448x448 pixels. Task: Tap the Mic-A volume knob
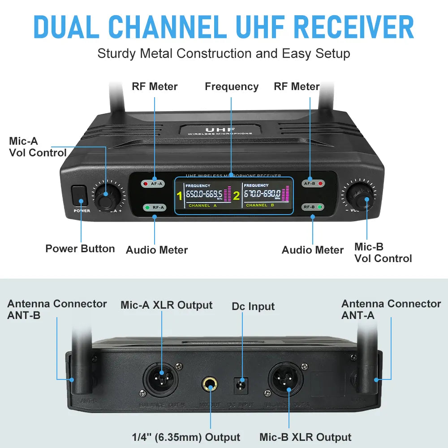107,196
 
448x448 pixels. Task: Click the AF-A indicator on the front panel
153,183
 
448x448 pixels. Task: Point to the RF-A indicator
154,207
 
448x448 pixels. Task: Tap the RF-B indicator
313,207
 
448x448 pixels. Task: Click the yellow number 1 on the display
180,195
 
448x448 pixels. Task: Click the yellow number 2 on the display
236,195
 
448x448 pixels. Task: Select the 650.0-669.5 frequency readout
204,194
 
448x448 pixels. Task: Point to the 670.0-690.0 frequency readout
262,194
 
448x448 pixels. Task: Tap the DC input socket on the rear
242,384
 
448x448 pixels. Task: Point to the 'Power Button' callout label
80,249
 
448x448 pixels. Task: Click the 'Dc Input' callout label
253,307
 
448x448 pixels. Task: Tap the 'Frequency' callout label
232,86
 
